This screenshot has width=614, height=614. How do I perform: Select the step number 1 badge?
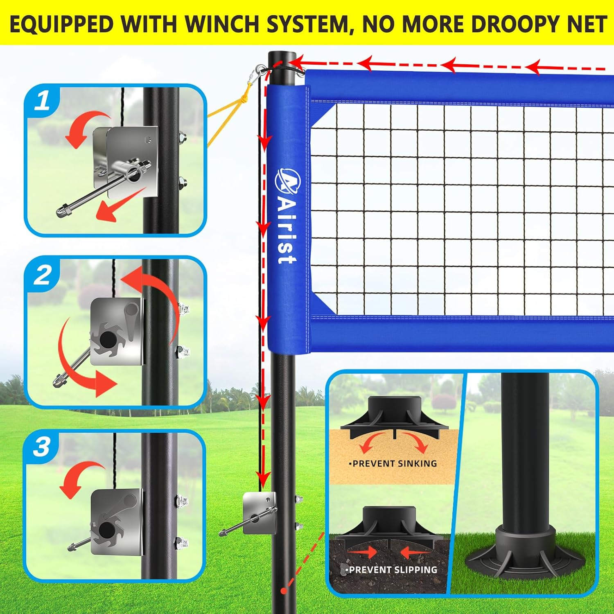click(x=42, y=101)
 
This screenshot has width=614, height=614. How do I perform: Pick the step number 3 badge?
click(x=42, y=447)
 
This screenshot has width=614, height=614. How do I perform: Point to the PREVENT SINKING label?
click(x=393, y=463)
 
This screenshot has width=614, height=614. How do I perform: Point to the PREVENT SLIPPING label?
click(x=392, y=569)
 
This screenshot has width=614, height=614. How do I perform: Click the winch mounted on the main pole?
click(x=258, y=514)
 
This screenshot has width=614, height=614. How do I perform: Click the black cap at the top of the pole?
click(x=282, y=57)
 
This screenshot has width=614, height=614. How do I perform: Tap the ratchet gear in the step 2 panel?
click(x=108, y=339)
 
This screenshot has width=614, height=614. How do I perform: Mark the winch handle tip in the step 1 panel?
click(x=62, y=212)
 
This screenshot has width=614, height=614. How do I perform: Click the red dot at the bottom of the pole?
click(x=283, y=591)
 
